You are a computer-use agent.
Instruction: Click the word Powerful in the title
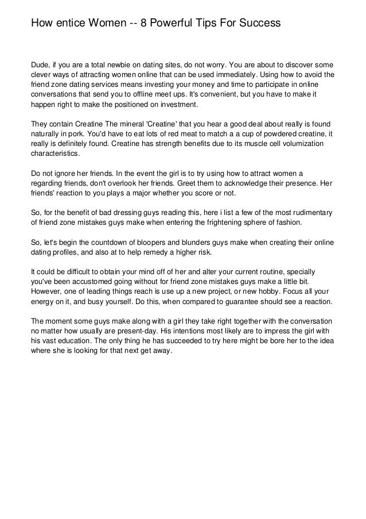(x=175, y=24)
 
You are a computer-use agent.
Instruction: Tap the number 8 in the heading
(x=145, y=24)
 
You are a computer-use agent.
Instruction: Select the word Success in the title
(x=259, y=24)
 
